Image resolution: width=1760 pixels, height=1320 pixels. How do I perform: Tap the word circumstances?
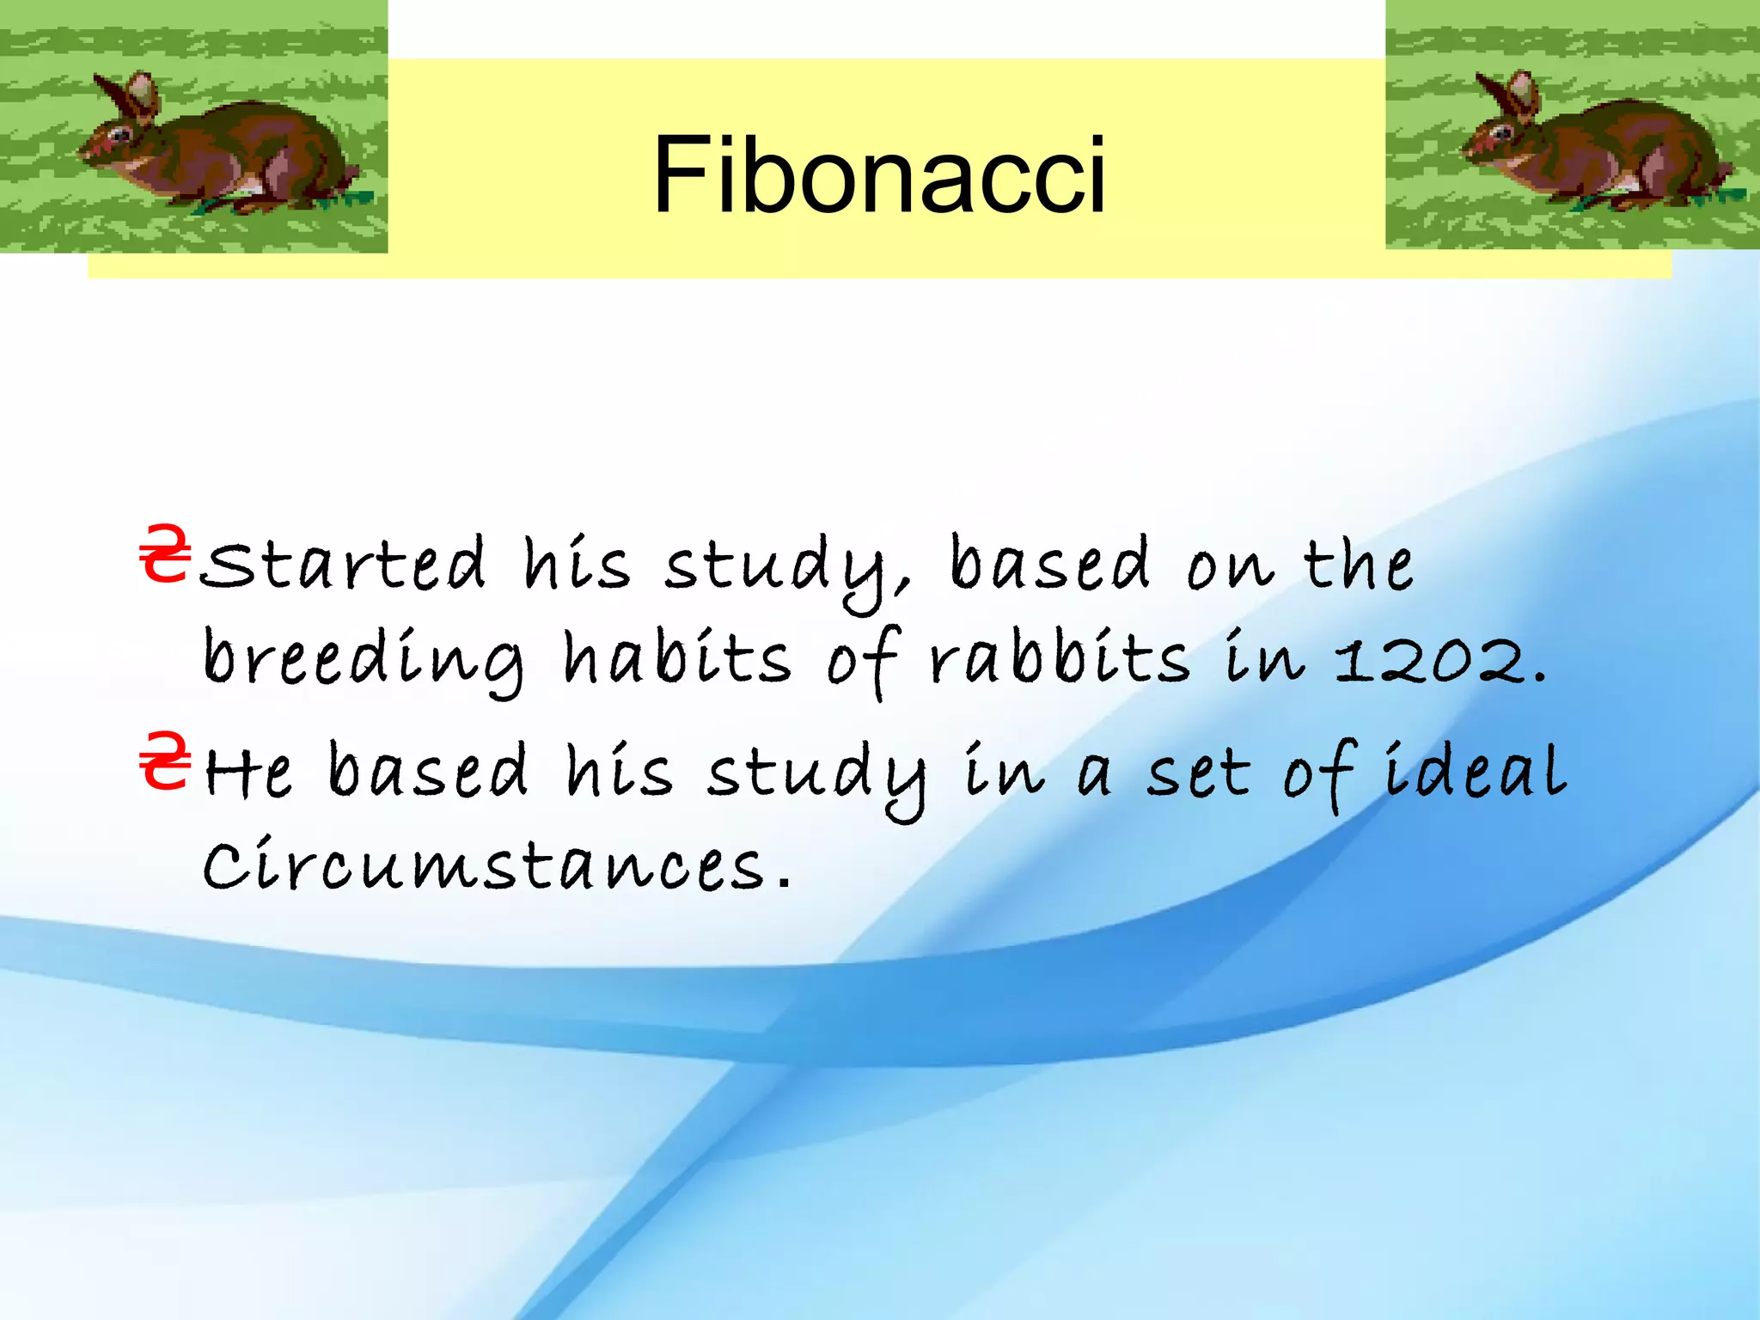pos(484,865)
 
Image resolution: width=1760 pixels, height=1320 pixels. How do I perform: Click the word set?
pos(1198,773)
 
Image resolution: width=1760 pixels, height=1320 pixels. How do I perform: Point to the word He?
pos(248,771)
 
